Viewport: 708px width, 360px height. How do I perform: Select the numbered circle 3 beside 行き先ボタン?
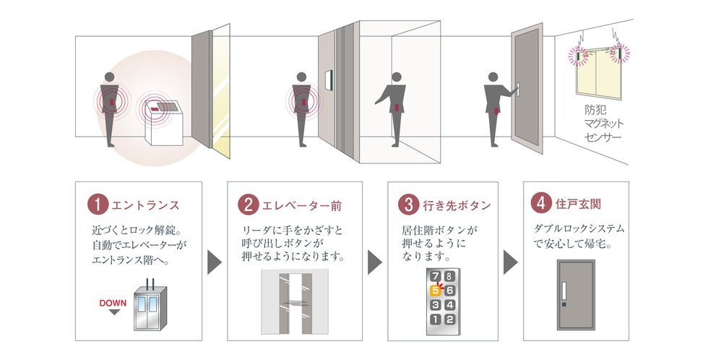coord(409,204)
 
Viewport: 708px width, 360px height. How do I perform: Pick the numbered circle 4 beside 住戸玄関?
coord(541,203)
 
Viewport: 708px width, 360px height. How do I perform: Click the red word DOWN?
coord(113,303)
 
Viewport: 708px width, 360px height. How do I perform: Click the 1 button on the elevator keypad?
coord(435,320)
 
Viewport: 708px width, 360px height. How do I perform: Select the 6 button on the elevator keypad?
coord(449,291)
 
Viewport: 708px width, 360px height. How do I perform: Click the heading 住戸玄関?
coord(579,204)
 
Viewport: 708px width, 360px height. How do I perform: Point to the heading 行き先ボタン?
coord(457,205)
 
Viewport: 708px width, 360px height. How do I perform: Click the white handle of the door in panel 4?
coord(564,291)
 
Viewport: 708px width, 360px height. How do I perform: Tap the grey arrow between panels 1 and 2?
coord(215,262)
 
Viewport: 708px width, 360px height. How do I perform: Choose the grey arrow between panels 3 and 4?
coord(511,262)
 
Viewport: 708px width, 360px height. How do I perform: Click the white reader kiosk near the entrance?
coord(163,123)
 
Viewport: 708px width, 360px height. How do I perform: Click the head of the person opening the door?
coord(493,77)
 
